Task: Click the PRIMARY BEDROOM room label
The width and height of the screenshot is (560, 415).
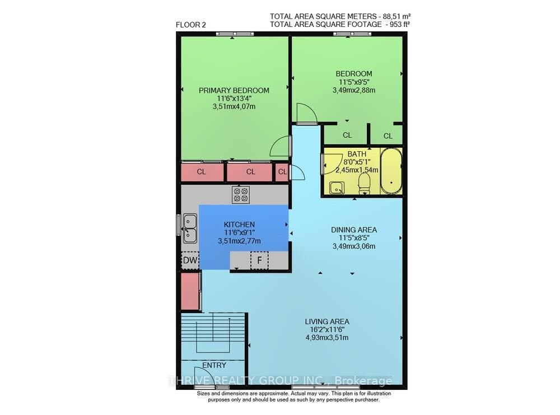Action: pos(234,90)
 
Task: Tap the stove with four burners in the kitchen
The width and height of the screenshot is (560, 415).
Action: pos(241,195)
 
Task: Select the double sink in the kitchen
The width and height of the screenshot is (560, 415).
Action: pos(190,228)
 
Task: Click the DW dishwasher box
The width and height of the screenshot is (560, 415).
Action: pos(190,260)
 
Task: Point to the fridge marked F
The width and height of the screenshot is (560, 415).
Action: pos(260,260)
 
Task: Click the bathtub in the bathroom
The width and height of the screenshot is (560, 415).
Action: pos(391,171)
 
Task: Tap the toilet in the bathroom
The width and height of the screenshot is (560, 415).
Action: pos(365,183)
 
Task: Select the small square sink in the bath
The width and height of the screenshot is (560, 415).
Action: pos(337,188)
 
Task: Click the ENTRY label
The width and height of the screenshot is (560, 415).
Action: pos(214,365)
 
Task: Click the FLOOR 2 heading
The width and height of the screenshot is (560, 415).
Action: pos(191,25)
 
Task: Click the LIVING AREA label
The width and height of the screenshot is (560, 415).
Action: pos(327,321)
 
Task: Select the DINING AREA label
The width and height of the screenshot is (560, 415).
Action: pos(354,230)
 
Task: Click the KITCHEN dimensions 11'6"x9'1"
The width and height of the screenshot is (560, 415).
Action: pos(239,232)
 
